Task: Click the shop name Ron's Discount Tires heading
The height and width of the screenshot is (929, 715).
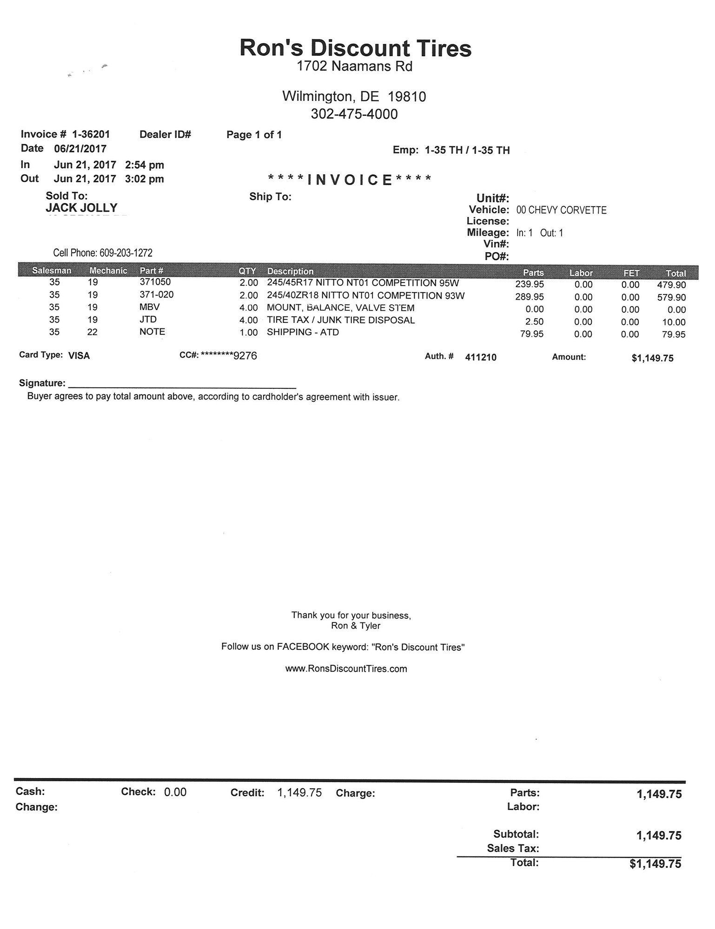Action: click(x=356, y=48)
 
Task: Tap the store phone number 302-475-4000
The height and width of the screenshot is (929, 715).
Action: click(x=354, y=114)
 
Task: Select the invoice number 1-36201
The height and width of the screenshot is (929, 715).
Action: click(x=91, y=135)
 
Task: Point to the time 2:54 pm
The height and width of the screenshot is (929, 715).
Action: click(x=145, y=165)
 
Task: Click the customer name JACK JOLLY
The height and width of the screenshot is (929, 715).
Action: click(x=81, y=208)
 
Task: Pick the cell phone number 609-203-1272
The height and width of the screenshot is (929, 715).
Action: click(x=126, y=253)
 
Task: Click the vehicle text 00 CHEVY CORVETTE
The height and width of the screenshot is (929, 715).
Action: click(x=561, y=210)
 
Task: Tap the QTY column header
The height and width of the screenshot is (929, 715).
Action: click(x=247, y=271)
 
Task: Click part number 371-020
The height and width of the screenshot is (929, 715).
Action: click(x=157, y=294)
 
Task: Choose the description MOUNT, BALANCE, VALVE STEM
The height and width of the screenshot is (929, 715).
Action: click(x=340, y=308)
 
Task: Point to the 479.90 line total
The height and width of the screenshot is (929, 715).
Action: click(x=671, y=285)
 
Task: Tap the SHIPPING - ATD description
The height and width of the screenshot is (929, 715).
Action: click(x=303, y=332)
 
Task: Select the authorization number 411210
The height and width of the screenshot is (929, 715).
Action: click(x=481, y=357)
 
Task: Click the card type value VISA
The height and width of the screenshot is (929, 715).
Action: click(x=79, y=356)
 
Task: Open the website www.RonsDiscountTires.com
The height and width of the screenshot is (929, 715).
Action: click(x=346, y=669)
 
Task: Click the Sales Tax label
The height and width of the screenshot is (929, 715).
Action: click(x=513, y=848)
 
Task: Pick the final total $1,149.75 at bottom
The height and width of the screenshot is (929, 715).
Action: click(x=655, y=864)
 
